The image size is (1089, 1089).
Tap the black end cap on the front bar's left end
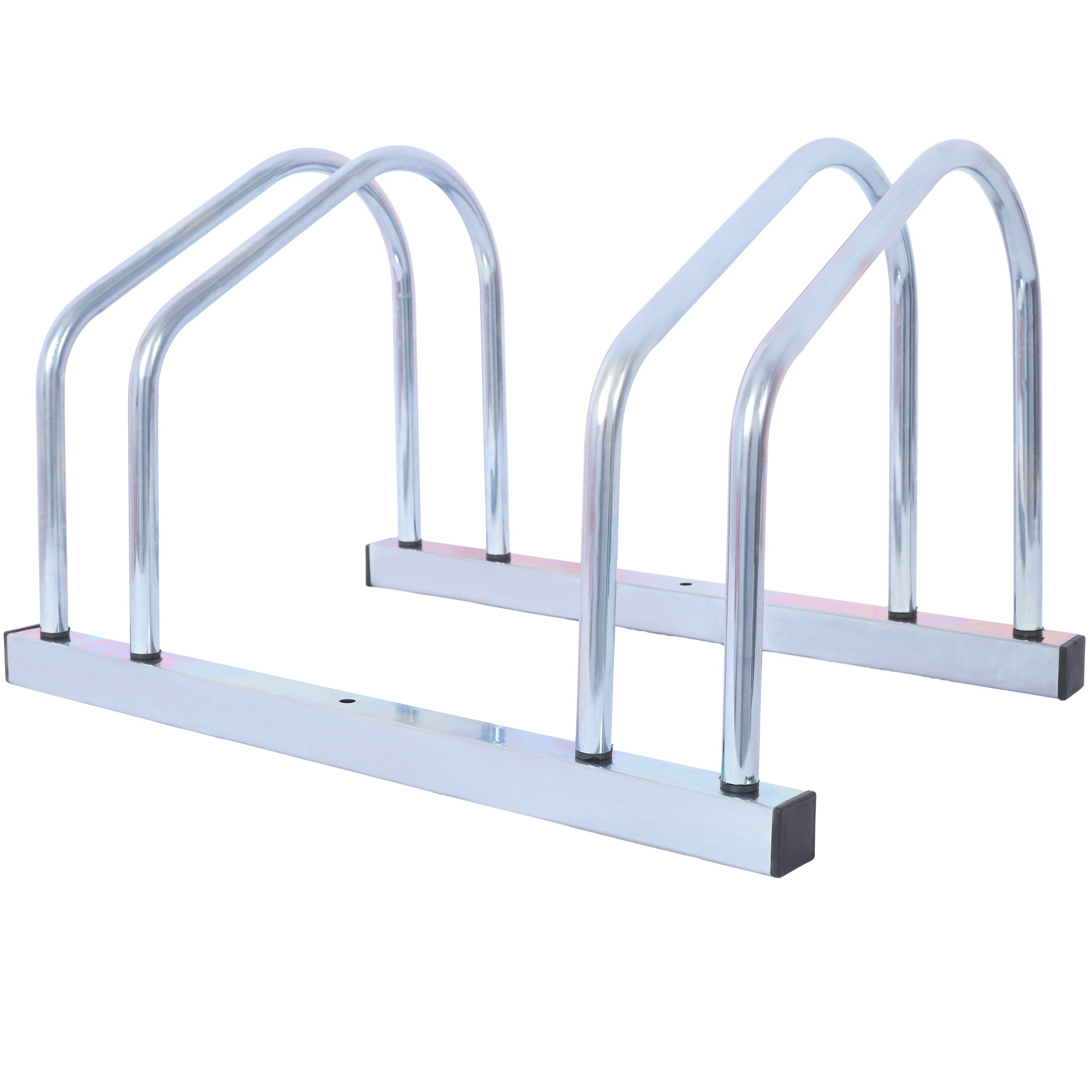click(22, 649)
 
